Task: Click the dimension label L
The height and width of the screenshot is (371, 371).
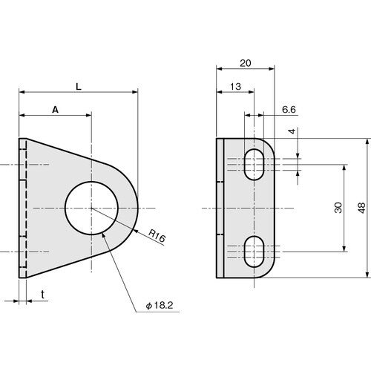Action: pos(79,86)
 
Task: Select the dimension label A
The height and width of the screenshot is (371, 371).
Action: pos(55,109)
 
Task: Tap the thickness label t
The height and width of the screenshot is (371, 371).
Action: pos(43,295)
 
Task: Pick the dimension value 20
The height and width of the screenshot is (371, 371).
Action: pos(245,64)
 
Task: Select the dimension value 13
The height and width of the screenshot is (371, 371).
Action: pos(234,87)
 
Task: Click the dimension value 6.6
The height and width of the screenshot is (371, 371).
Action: pos(289,109)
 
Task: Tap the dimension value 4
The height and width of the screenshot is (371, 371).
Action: pos(292,131)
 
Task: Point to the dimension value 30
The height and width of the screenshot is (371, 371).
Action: pos(338,209)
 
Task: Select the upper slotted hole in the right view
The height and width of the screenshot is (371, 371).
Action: pos(255,162)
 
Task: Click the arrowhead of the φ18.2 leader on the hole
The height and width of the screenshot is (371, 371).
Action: pos(102,232)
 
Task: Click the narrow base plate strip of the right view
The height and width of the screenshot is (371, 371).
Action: pos(220,208)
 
